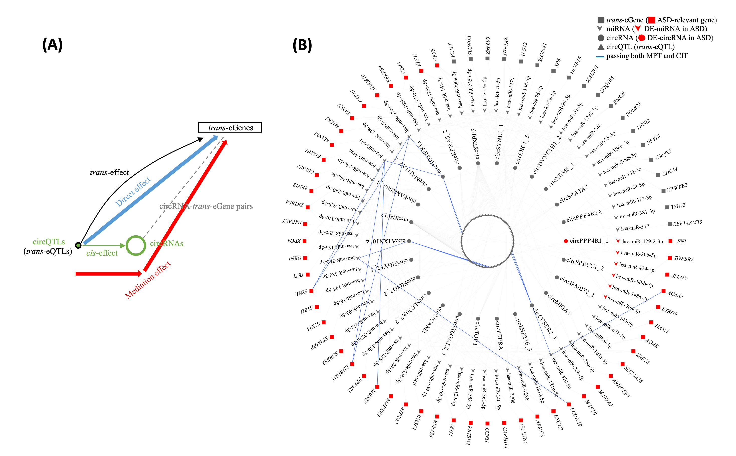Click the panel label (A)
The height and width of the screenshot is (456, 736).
pos(52,45)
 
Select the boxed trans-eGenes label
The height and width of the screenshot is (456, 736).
pos(230,127)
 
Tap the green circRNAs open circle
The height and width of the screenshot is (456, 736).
pos(136,245)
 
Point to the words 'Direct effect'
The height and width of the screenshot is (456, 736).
pos(133,192)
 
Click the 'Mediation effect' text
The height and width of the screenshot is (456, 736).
pos(148,280)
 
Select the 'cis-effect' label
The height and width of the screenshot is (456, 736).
pos(102,253)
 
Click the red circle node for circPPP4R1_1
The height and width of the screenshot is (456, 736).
pos(566,241)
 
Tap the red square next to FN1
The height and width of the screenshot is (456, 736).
pos(671,241)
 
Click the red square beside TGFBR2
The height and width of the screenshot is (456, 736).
pos(670,258)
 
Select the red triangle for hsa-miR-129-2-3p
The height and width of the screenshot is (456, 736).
pos(618,241)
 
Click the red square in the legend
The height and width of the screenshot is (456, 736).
pos(652,20)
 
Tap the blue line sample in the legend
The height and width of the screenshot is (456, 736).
pos(600,56)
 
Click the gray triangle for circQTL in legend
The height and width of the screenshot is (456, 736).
pos(601,47)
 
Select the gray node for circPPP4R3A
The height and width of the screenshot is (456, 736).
pos(563,222)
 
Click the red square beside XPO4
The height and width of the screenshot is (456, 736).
pos(305,241)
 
